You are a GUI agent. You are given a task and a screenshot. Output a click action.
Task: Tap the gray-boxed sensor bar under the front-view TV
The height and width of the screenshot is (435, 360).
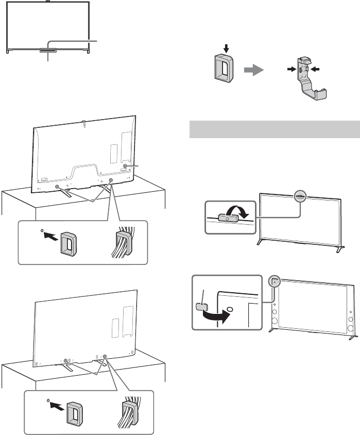click(47, 49)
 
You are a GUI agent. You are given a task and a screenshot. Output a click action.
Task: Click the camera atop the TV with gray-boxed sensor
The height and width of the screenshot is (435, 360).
click(47, 2)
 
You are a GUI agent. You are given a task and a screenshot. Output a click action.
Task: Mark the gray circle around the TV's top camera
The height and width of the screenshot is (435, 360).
click(300, 196)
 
